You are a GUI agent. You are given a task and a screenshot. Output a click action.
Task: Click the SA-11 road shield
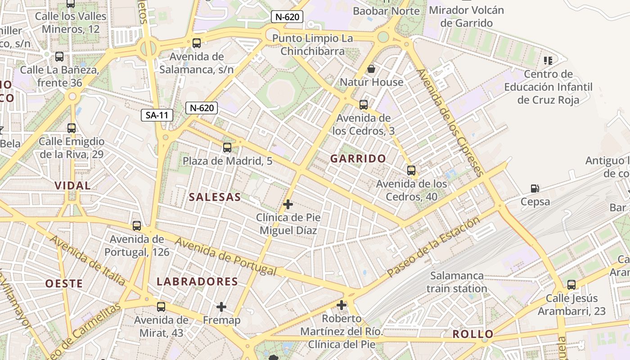click(x=157, y=115)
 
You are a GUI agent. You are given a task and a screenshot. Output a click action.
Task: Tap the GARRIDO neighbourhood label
click(x=358, y=158)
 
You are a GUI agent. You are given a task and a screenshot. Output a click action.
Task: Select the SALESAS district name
click(x=215, y=197)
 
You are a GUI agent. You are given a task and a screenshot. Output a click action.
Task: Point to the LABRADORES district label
click(x=197, y=282)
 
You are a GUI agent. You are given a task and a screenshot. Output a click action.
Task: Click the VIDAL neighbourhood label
click(x=72, y=185)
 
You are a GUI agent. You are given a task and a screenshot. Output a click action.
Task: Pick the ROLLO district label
click(x=473, y=334)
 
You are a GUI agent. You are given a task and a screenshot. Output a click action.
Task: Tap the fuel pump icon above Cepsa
click(x=535, y=189)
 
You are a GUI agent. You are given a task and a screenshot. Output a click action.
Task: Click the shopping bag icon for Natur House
click(x=371, y=69)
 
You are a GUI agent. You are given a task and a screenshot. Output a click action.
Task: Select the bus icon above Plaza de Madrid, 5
click(x=227, y=148)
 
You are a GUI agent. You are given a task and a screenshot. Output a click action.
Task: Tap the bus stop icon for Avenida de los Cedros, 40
click(x=411, y=171)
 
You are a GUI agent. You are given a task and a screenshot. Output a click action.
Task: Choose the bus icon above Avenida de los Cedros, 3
click(x=364, y=105)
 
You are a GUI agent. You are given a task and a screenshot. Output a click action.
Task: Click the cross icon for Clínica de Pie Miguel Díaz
click(x=288, y=205)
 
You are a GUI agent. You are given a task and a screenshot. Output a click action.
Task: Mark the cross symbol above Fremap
click(x=221, y=307)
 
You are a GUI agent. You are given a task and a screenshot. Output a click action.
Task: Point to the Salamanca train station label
click(x=457, y=282)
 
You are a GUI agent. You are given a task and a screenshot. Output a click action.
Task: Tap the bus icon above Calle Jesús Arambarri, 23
click(x=571, y=285)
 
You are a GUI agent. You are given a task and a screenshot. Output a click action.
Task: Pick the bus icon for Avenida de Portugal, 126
click(x=137, y=226)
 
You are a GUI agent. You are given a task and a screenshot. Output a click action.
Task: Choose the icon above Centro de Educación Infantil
click(x=548, y=60)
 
